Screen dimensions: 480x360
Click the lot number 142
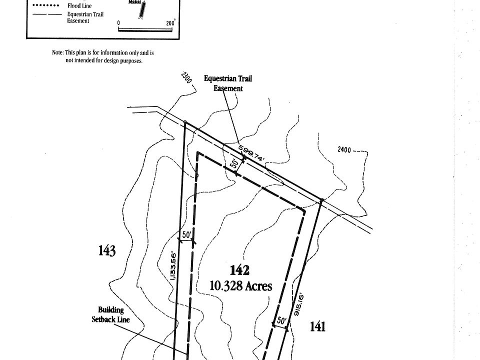click(239, 270)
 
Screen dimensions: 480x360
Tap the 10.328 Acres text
click(241, 286)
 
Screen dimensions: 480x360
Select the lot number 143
click(107, 250)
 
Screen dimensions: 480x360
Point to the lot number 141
click(317, 326)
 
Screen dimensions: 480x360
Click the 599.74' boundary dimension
click(251, 152)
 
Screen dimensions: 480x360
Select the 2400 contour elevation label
click(345, 149)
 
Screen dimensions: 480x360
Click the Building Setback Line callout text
click(110, 314)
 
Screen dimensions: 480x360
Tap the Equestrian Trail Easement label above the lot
click(228, 83)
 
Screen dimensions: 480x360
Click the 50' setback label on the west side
click(186, 234)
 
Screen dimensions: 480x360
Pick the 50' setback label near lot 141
click(281, 320)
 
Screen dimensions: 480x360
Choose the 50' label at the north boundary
click(233, 163)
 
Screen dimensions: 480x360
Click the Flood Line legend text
click(79, 6)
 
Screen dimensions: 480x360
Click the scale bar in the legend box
click(144, 28)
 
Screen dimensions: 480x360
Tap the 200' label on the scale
click(170, 23)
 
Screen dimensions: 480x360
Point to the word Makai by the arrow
click(133, 2)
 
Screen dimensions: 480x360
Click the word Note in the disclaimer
click(57, 52)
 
